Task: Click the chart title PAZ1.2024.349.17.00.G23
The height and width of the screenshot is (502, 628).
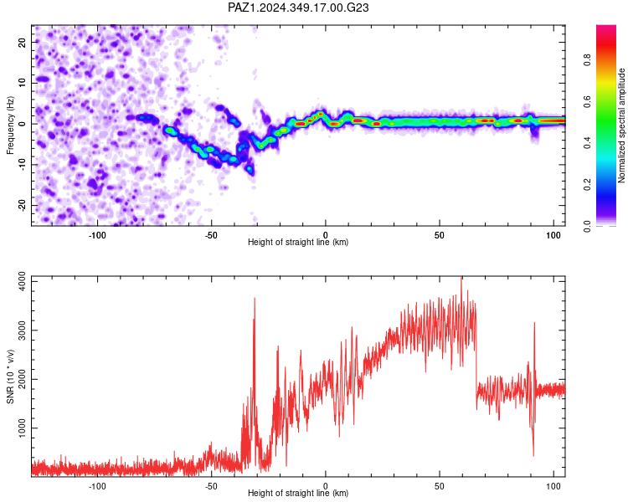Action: [298, 8]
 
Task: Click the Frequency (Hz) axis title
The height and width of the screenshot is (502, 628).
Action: [10, 125]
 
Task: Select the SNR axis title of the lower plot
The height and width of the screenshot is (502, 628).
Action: [10, 376]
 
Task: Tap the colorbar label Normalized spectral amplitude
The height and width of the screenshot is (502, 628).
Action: [621, 125]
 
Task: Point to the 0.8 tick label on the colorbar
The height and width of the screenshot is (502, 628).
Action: [588, 60]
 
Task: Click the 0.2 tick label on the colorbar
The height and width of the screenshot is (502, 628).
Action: [588, 185]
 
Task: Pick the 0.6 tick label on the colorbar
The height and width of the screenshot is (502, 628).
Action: [588, 102]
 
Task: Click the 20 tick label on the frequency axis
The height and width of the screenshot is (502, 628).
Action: [23, 43]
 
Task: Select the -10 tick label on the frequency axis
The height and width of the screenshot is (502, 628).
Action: [23, 164]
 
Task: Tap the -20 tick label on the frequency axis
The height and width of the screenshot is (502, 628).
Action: [23, 205]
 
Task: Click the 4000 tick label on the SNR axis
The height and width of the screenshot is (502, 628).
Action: [23, 281]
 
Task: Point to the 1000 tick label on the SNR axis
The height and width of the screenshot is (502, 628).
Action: [23, 428]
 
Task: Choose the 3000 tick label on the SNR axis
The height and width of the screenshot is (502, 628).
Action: [23, 330]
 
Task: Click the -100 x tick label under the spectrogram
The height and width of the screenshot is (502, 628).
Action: [96, 235]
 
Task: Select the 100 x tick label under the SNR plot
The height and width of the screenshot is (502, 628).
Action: [553, 486]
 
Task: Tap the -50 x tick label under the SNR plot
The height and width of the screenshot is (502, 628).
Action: [211, 486]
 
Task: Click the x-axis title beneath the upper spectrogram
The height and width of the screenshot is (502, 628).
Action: [298, 242]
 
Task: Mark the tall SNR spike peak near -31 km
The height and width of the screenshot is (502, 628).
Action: [255, 298]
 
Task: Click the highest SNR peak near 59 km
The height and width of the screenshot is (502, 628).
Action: [461, 277]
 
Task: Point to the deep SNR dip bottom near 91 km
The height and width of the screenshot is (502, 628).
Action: [533, 455]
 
